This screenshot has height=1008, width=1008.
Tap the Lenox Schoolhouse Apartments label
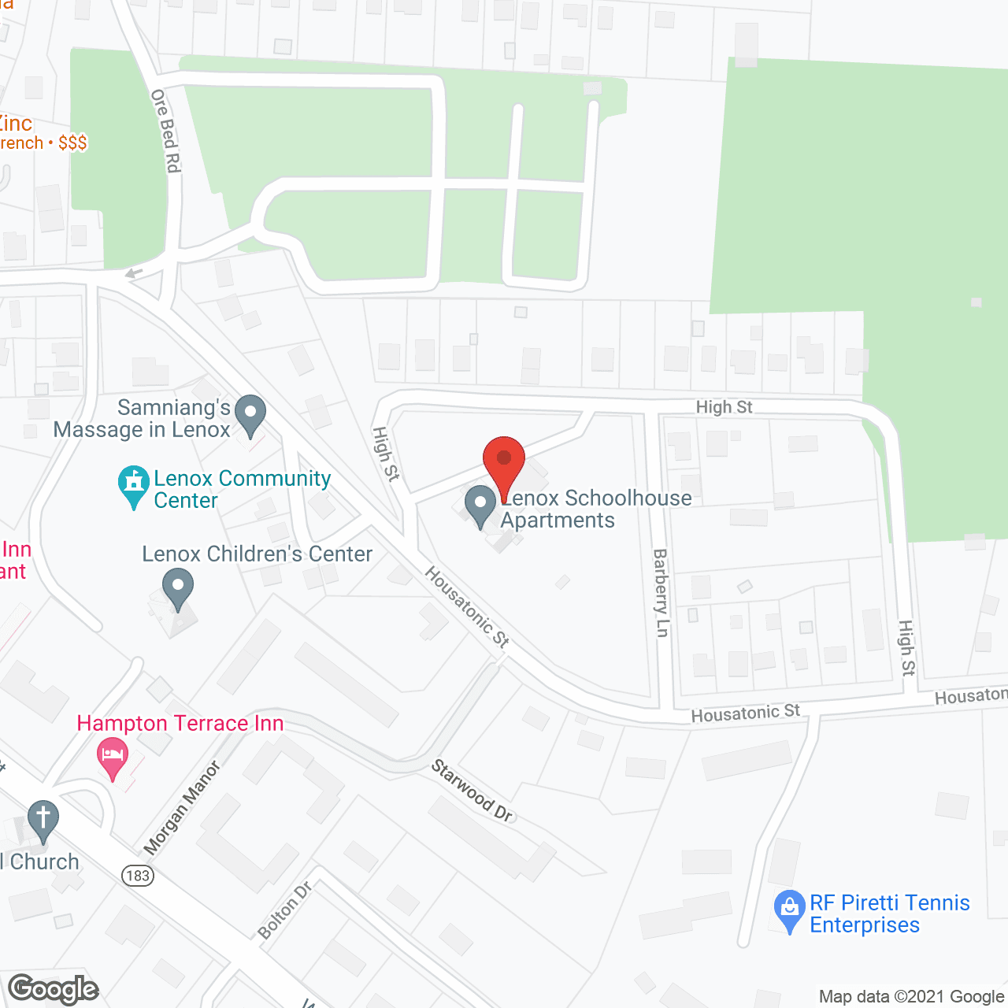tap(596, 510)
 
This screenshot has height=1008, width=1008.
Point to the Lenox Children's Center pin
tap(178, 589)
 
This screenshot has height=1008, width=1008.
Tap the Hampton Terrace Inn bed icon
tap(113, 756)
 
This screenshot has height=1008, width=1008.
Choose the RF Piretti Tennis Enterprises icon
tap(789, 910)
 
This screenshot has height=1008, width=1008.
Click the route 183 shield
tap(138, 875)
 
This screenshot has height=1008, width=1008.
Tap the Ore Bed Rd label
tap(166, 131)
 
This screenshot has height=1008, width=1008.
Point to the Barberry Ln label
tap(661, 592)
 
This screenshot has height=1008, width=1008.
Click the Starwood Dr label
tap(472, 791)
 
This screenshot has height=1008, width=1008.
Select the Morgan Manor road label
tap(182, 807)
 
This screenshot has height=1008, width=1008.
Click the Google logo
tap(54, 989)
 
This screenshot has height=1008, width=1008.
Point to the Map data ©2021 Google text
tap(911, 997)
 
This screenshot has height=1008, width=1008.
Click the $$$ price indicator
tap(72, 143)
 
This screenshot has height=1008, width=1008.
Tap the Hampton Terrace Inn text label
tap(180, 723)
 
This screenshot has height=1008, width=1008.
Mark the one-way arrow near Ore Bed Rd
tap(134, 273)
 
